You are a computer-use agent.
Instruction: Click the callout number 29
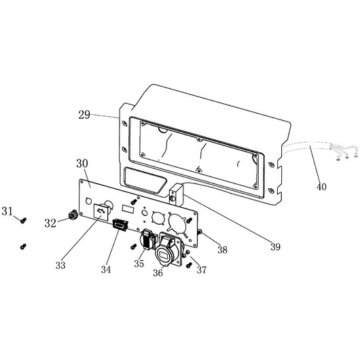(x=84, y=115)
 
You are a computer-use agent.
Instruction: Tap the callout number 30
(x=82, y=163)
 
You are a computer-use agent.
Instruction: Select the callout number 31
(x=7, y=211)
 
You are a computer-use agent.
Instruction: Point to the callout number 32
(x=50, y=223)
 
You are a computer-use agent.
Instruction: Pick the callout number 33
(x=60, y=265)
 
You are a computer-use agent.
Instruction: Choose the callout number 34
(x=106, y=270)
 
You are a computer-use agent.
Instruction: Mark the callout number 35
(x=139, y=264)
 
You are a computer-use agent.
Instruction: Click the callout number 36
(x=158, y=273)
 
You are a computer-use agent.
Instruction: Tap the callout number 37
(x=202, y=270)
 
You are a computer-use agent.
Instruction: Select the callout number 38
(x=223, y=250)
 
